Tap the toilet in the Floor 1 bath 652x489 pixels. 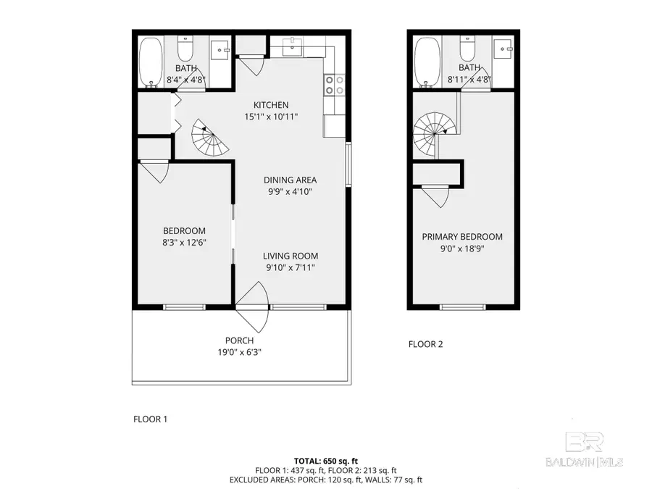coord(185,49)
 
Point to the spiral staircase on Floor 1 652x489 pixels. coord(209,139)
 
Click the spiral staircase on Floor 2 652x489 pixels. coord(432,135)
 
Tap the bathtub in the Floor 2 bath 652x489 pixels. coord(427,61)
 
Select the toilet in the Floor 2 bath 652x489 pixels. coord(467,49)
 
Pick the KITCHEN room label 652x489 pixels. coord(270,105)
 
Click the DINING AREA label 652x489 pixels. coord(289,180)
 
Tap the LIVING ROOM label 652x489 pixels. coord(290,256)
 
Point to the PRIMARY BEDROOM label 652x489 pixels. coord(462,237)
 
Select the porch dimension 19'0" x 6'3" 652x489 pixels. coord(239,353)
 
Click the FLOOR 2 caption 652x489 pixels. coord(425,344)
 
